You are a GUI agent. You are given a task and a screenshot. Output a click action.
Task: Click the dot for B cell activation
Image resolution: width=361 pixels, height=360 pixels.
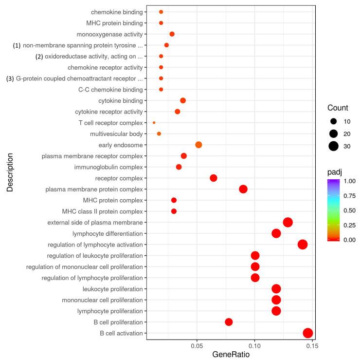(307, 333)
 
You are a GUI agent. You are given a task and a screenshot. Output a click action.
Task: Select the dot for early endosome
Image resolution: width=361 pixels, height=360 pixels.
(199, 145)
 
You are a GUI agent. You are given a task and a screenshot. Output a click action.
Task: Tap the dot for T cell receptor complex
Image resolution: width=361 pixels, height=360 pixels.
(154, 123)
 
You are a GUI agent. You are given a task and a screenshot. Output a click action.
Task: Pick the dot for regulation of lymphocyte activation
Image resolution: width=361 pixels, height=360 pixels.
(302, 245)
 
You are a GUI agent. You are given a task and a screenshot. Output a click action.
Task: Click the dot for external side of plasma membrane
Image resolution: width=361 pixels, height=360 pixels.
(288, 222)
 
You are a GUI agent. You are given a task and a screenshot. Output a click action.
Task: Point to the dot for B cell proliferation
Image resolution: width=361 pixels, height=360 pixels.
(229, 322)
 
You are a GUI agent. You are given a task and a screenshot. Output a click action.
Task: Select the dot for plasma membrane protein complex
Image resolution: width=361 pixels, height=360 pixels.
(243, 189)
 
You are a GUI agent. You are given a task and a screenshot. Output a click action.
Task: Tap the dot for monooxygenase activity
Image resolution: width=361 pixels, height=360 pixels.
(172, 34)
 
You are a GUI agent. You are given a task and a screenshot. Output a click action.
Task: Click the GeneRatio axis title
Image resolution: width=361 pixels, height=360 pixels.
(231, 355)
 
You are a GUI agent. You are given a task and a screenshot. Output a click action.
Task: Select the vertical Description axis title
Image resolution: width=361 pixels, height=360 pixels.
(10, 173)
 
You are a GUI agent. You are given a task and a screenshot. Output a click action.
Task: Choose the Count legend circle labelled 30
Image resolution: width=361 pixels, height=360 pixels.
(333, 145)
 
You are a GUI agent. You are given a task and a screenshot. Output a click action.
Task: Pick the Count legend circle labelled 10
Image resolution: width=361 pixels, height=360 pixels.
(333, 121)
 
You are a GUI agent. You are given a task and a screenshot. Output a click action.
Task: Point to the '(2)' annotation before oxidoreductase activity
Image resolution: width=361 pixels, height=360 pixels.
(39, 57)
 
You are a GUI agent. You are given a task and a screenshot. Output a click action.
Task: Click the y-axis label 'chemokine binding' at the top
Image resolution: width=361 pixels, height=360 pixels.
(117, 12)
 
